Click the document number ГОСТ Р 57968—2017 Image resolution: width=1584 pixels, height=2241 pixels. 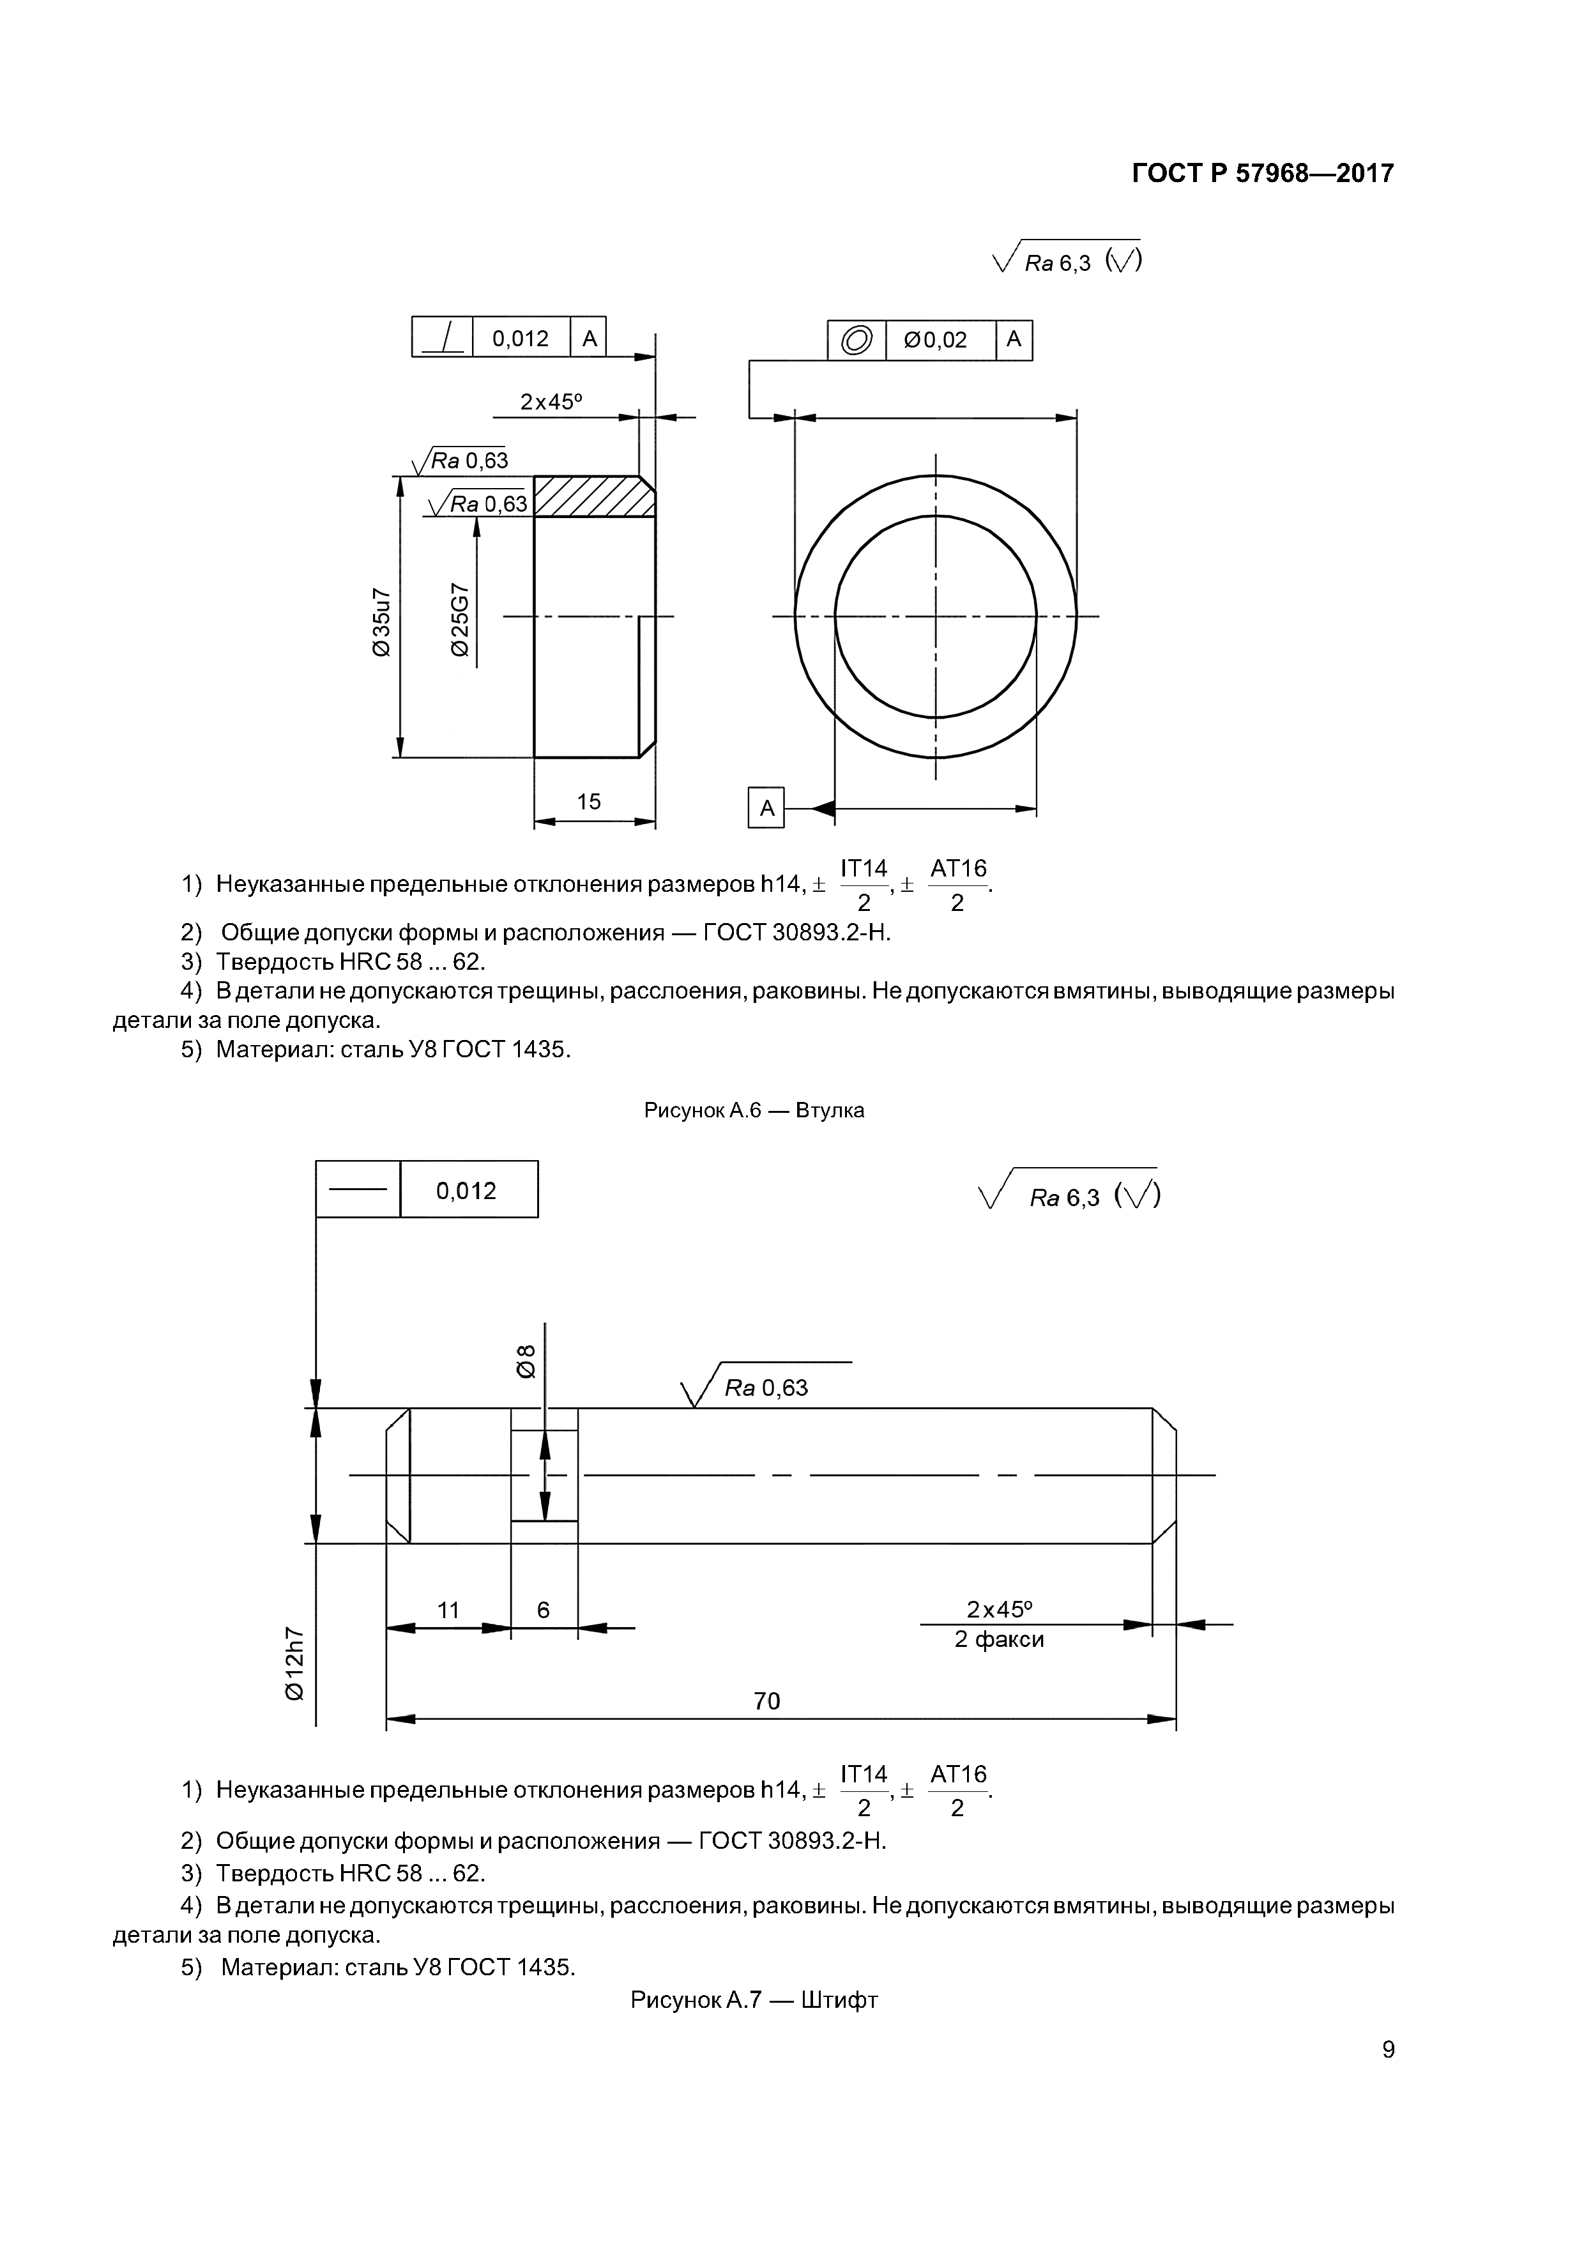click(1262, 174)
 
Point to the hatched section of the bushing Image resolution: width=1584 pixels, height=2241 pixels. click(593, 496)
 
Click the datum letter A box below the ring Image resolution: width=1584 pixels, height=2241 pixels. click(766, 808)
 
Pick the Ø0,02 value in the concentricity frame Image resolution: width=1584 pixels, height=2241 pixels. click(935, 340)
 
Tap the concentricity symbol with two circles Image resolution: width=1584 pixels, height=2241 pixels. click(857, 340)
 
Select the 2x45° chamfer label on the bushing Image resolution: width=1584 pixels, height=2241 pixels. click(551, 401)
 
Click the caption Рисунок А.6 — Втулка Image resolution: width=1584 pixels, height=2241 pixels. click(754, 1110)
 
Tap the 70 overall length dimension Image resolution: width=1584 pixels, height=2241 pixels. click(767, 1701)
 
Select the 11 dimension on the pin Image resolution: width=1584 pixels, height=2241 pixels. click(448, 1609)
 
